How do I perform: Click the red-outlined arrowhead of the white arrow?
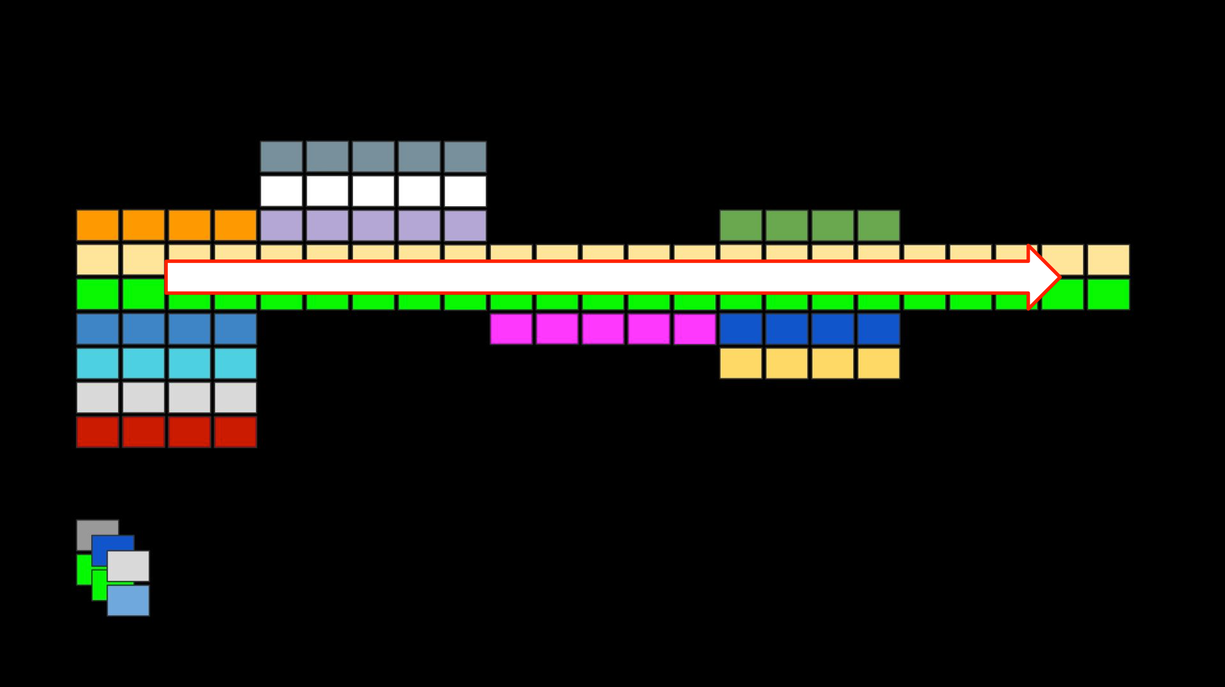tap(1043, 277)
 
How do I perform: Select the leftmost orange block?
tap(98, 225)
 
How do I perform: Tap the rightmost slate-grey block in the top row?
tap(465, 157)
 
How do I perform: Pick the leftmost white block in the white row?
tap(281, 191)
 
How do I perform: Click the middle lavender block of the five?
tap(373, 225)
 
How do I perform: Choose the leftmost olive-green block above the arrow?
tap(740, 225)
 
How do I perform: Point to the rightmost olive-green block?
tap(878, 225)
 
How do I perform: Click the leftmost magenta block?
tap(511, 329)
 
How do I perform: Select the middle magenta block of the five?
tap(603, 329)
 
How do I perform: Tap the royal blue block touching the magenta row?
tap(740, 329)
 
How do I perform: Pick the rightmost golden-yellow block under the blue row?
tap(878, 363)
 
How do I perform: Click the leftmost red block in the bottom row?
tap(98, 432)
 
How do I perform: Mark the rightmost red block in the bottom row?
tap(236, 432)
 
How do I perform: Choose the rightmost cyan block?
tap(236, 363)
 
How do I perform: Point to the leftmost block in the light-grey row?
tap(98, 397)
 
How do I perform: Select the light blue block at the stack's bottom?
tap(128, 601)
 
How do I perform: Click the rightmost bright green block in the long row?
tap(1108, 294)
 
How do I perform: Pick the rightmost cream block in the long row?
tap(1108, 260)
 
